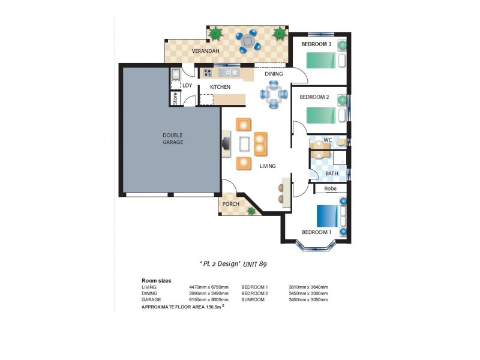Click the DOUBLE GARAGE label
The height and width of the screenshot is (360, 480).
pos(172,139)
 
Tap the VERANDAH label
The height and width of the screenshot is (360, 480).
pos(205,52)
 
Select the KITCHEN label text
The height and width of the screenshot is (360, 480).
pos(220,88)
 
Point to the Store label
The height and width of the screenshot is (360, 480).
pos(175,98)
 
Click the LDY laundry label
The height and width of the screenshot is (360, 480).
pos(187,85)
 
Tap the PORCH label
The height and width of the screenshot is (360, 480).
pos(230,204)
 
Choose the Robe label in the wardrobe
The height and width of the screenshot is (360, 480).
pos(330,188)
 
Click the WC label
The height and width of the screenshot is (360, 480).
pos(328,140)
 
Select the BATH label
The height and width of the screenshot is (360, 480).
pos(332,173)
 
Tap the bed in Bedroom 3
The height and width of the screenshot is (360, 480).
pos(322,60)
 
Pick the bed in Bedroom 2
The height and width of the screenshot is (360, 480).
pos(322,115)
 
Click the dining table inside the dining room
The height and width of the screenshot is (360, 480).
pos(274,94)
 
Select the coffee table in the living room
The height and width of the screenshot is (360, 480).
pos(245,144)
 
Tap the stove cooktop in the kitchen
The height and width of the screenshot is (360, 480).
pos(208,73)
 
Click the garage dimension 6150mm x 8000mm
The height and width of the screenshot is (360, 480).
pos(208,298)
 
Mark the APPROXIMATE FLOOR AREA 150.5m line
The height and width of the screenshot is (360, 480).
pos(178,306)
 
